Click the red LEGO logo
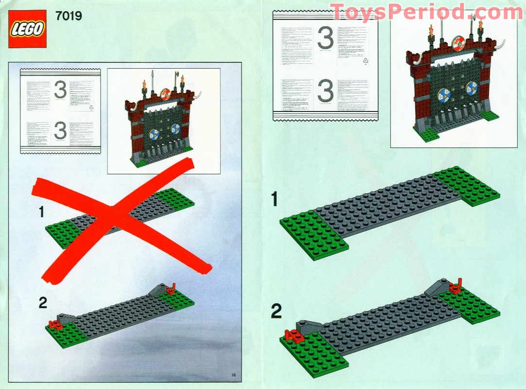click(x=27, y=29)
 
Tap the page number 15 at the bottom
click(x=233, y=374)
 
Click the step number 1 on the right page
click(x=275, y=199)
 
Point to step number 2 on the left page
click(x=43, y=302)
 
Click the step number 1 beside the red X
click(x=42, y=212)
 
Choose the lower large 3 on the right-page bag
click(x=325, y=91)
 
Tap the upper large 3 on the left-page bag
click(x=60, y=90)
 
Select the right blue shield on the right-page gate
click(x=472, y=89)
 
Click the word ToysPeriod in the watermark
click(x=394, y=12)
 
